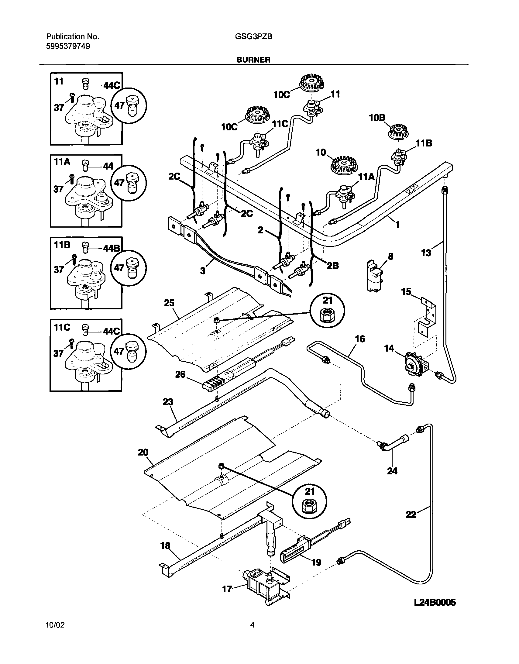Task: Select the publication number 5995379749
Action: pos(68,46)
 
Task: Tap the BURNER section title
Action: pos(253,60)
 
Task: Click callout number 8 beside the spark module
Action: pos(390,256)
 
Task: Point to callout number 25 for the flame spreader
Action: pos(169,303)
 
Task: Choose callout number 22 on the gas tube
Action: pos(411,514)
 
